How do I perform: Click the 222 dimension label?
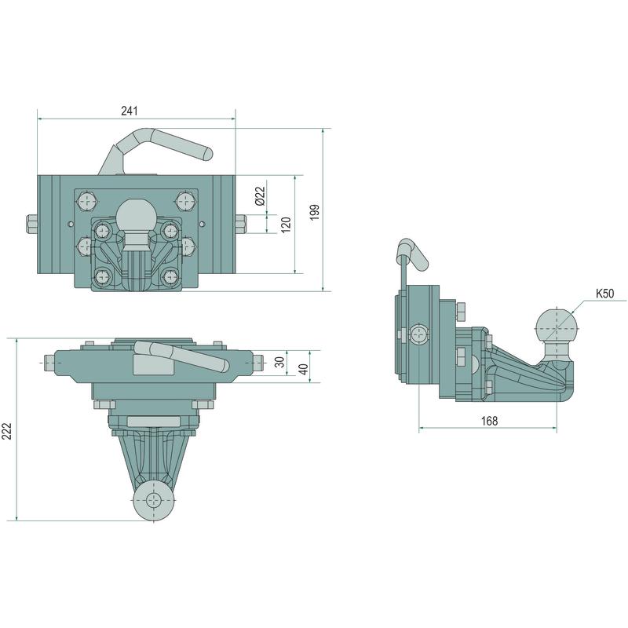(8, 429)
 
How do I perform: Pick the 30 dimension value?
(280, 362)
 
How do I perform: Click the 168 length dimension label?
(488, 422)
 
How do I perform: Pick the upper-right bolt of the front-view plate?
(186, 200)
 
